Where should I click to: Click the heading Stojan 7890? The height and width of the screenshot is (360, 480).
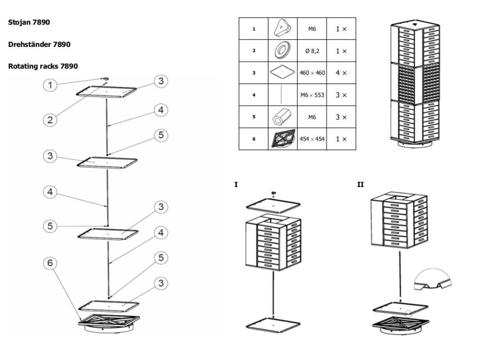(29, 22)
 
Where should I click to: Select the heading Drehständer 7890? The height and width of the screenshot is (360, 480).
(39, 45)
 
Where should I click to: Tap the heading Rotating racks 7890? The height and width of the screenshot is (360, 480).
(43, 66)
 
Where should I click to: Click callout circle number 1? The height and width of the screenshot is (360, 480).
(50, 85)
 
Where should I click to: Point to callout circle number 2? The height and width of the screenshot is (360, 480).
(50, 119)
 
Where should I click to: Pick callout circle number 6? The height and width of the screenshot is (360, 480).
(50, 264)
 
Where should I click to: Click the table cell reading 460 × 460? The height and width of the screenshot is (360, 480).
(312, 73)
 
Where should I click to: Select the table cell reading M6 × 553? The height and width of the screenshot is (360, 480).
(312, 95)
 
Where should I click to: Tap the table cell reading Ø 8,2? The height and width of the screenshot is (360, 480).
(312, 51)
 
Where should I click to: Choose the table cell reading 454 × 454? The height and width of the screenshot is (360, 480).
(312, 139)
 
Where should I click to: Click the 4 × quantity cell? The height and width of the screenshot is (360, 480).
(341, 73)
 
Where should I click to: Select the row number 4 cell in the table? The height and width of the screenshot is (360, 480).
(254, 95)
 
